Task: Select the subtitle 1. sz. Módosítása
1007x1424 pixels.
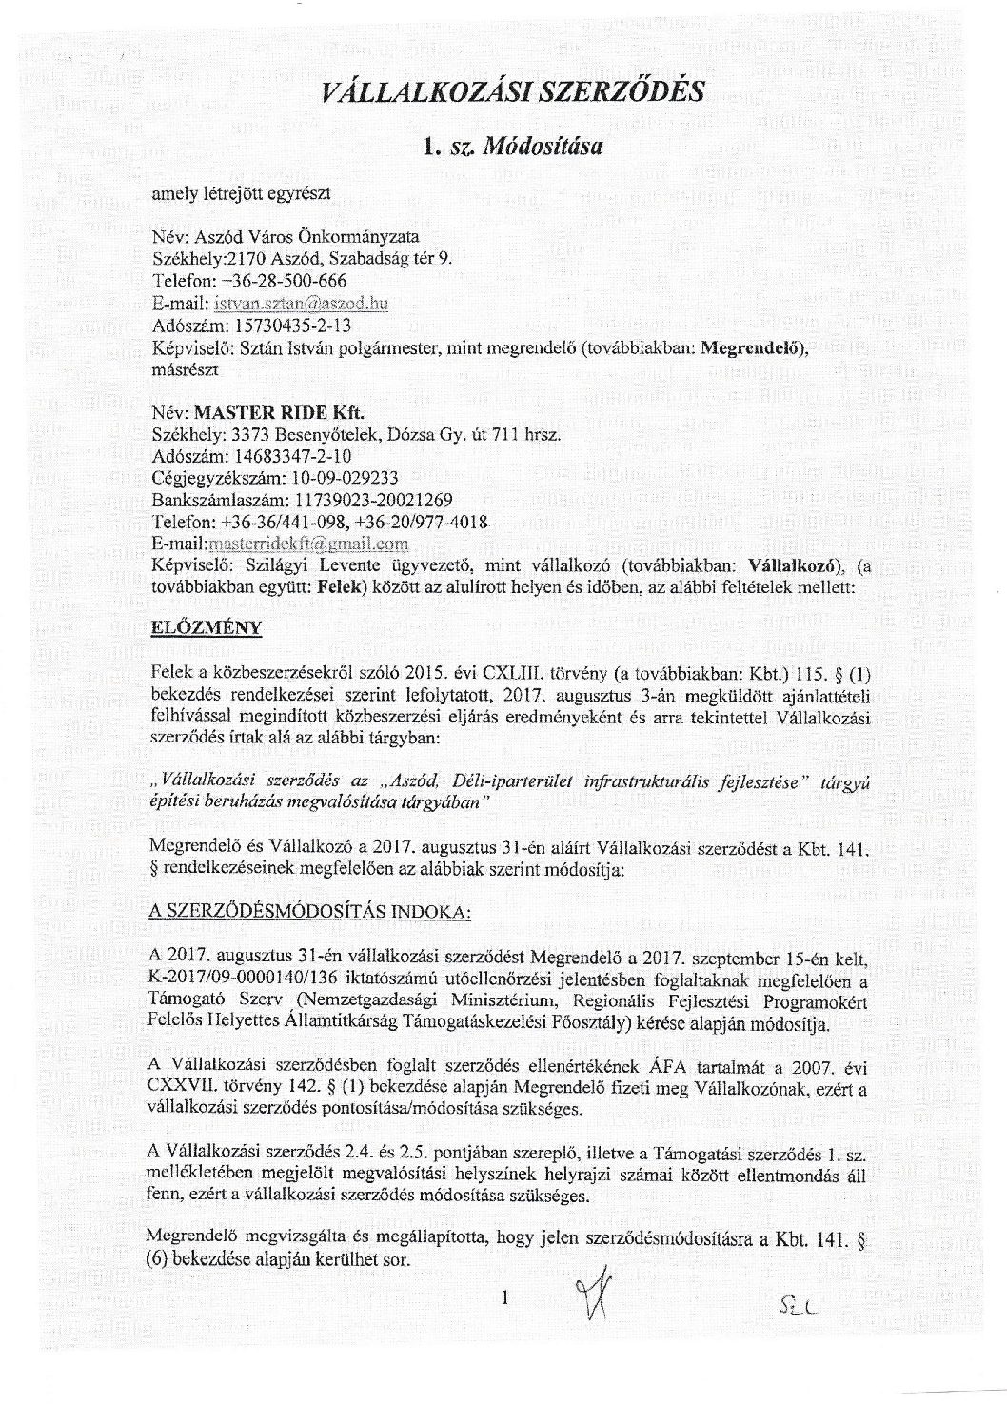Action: point(513,147)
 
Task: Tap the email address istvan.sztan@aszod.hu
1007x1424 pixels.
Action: point(298,304)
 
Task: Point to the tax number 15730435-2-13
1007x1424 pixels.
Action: point(270,326)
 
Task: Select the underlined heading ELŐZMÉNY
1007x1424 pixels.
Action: point(207,629)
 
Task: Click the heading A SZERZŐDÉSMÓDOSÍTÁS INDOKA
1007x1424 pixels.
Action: point(310,912)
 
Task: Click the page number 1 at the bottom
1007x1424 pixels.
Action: point(505,1296)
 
